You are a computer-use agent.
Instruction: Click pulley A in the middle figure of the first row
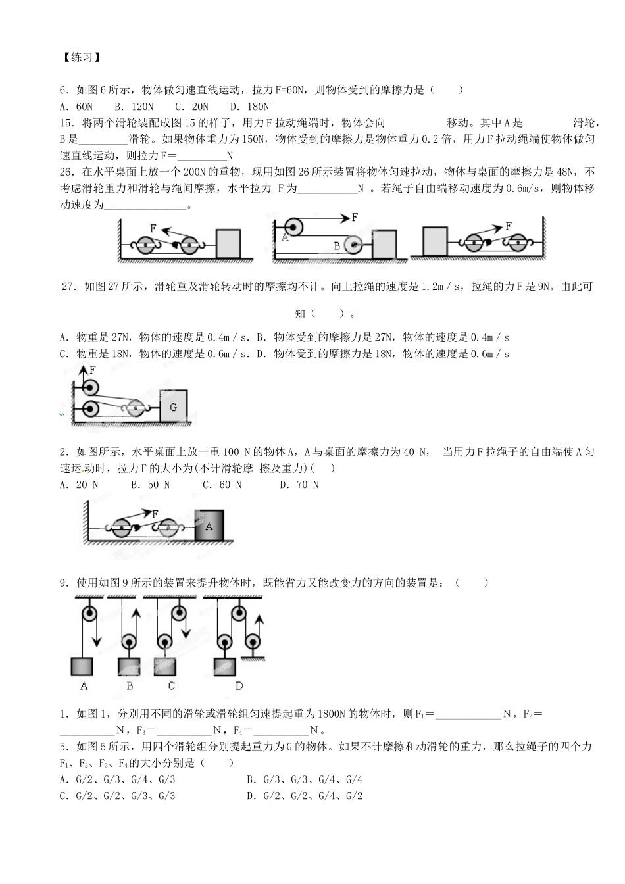tap(291, 228)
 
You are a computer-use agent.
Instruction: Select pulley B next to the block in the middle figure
tap(355, 246)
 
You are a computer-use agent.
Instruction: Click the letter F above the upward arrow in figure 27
tap(92, 370)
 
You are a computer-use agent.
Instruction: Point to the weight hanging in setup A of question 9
tap(82, 666)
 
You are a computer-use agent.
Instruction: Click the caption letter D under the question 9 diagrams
tap(239, 686)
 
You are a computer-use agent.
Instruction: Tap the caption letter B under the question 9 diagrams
tap(130, 686)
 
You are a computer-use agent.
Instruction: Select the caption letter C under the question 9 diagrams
tap(171, 686)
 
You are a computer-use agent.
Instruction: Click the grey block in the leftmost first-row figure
tap(228, 243)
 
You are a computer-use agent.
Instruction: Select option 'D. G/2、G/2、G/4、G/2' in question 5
tap(305, 796)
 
